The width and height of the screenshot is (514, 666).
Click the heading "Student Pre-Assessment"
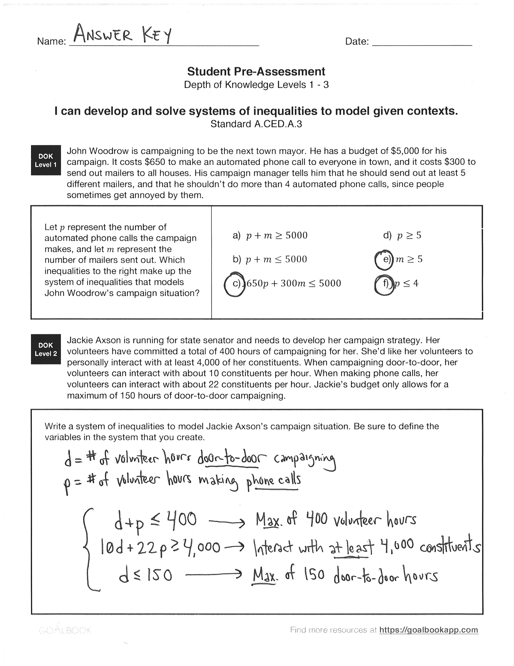point(256,72)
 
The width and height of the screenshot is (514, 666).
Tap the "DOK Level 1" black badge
point(46,160)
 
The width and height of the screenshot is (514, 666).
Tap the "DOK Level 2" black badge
point(46,349)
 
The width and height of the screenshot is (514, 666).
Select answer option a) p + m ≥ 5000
point(270,235)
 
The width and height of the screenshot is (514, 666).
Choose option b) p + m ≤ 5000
point(270,259)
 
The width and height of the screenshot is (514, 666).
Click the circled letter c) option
point(234,284)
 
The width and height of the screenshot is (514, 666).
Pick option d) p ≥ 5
point(402,235)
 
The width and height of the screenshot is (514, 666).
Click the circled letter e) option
point(384,259)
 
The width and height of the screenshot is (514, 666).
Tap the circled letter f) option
point(384,284)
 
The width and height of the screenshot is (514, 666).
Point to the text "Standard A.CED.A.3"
point(256,124)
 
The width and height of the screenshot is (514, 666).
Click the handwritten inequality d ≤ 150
point(146,575)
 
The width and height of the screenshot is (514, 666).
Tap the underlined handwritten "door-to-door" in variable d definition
point(232,458)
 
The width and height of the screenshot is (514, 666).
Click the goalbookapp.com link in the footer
point(428,630)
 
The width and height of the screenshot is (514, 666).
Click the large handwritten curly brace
point(89,549)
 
